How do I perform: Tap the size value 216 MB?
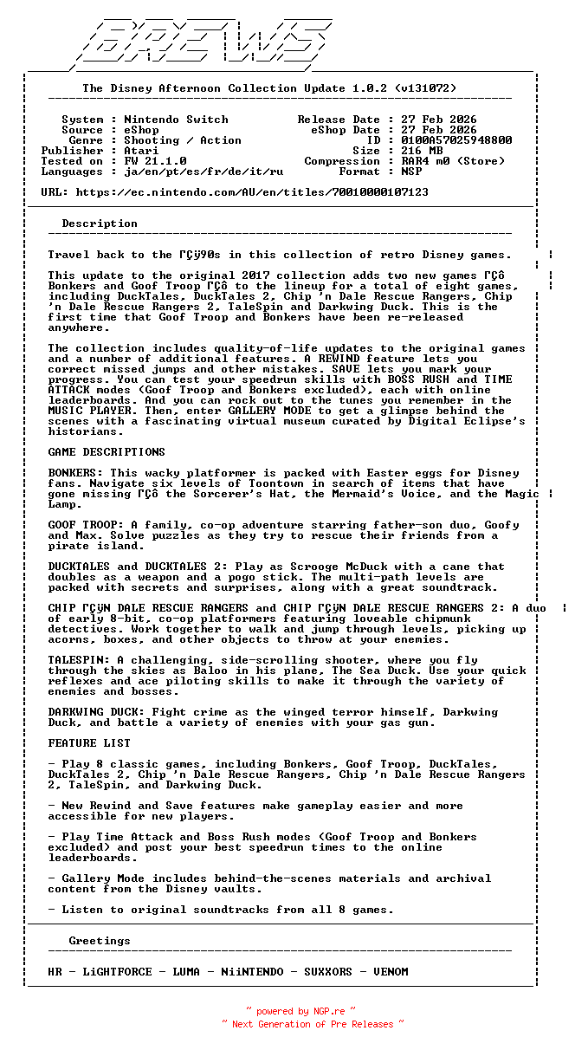pyautogui.click(x=422, y=151)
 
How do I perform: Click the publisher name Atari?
pyautogui.click(x=141, y=151)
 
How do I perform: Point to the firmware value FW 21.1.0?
pyautogui.click(x=155, y=161)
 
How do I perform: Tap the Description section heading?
pyautogui.click(x=100, y=224)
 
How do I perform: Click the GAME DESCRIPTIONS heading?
pyautogui.click(x=107, y=452)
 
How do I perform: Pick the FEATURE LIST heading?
pyautogui.click(x=89, y=743)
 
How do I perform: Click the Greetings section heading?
pyautogui.click(x=100, y=941)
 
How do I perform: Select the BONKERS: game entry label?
pyautogui.click(x=75, y=473)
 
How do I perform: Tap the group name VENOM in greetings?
pyautogui.click(x=391, y=972)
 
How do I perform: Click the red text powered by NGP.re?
pyautogui.click(x=300, y=1011)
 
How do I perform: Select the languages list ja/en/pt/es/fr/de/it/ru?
pyautogui.click(x=204, y=172)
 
